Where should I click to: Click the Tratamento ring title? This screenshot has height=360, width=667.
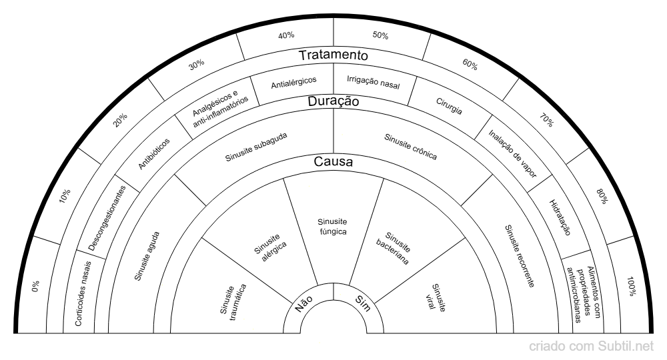point(333,55)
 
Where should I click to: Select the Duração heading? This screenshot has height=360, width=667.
point(333,101)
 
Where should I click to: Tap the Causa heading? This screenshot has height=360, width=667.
point(333,161)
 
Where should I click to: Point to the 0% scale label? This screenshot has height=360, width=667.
point(36,286)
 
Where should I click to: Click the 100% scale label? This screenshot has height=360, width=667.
point(632,286)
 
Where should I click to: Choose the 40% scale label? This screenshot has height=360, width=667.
point(286,35)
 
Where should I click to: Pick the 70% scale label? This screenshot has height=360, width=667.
point(547,120)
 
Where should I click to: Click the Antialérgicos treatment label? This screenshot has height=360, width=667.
point(294,83)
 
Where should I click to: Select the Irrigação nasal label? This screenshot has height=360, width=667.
point(374,82)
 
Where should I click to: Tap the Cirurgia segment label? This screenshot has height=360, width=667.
point(449,106)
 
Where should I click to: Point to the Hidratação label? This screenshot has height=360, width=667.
point(560,217)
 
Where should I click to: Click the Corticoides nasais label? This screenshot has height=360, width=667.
point(83,294)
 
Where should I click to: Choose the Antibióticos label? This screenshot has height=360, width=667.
point(153,154)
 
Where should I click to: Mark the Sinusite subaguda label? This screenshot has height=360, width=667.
point(256,147)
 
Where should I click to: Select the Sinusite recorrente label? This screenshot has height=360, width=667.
point(520,256)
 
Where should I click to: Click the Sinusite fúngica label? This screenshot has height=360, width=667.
point(333,227)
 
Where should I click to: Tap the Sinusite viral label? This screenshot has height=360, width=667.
point(439,298)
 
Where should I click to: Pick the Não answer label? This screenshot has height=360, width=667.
point(303,304)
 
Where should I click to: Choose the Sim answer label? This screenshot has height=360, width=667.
point(363,304)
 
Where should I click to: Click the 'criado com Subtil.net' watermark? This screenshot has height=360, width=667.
point(591,347)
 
